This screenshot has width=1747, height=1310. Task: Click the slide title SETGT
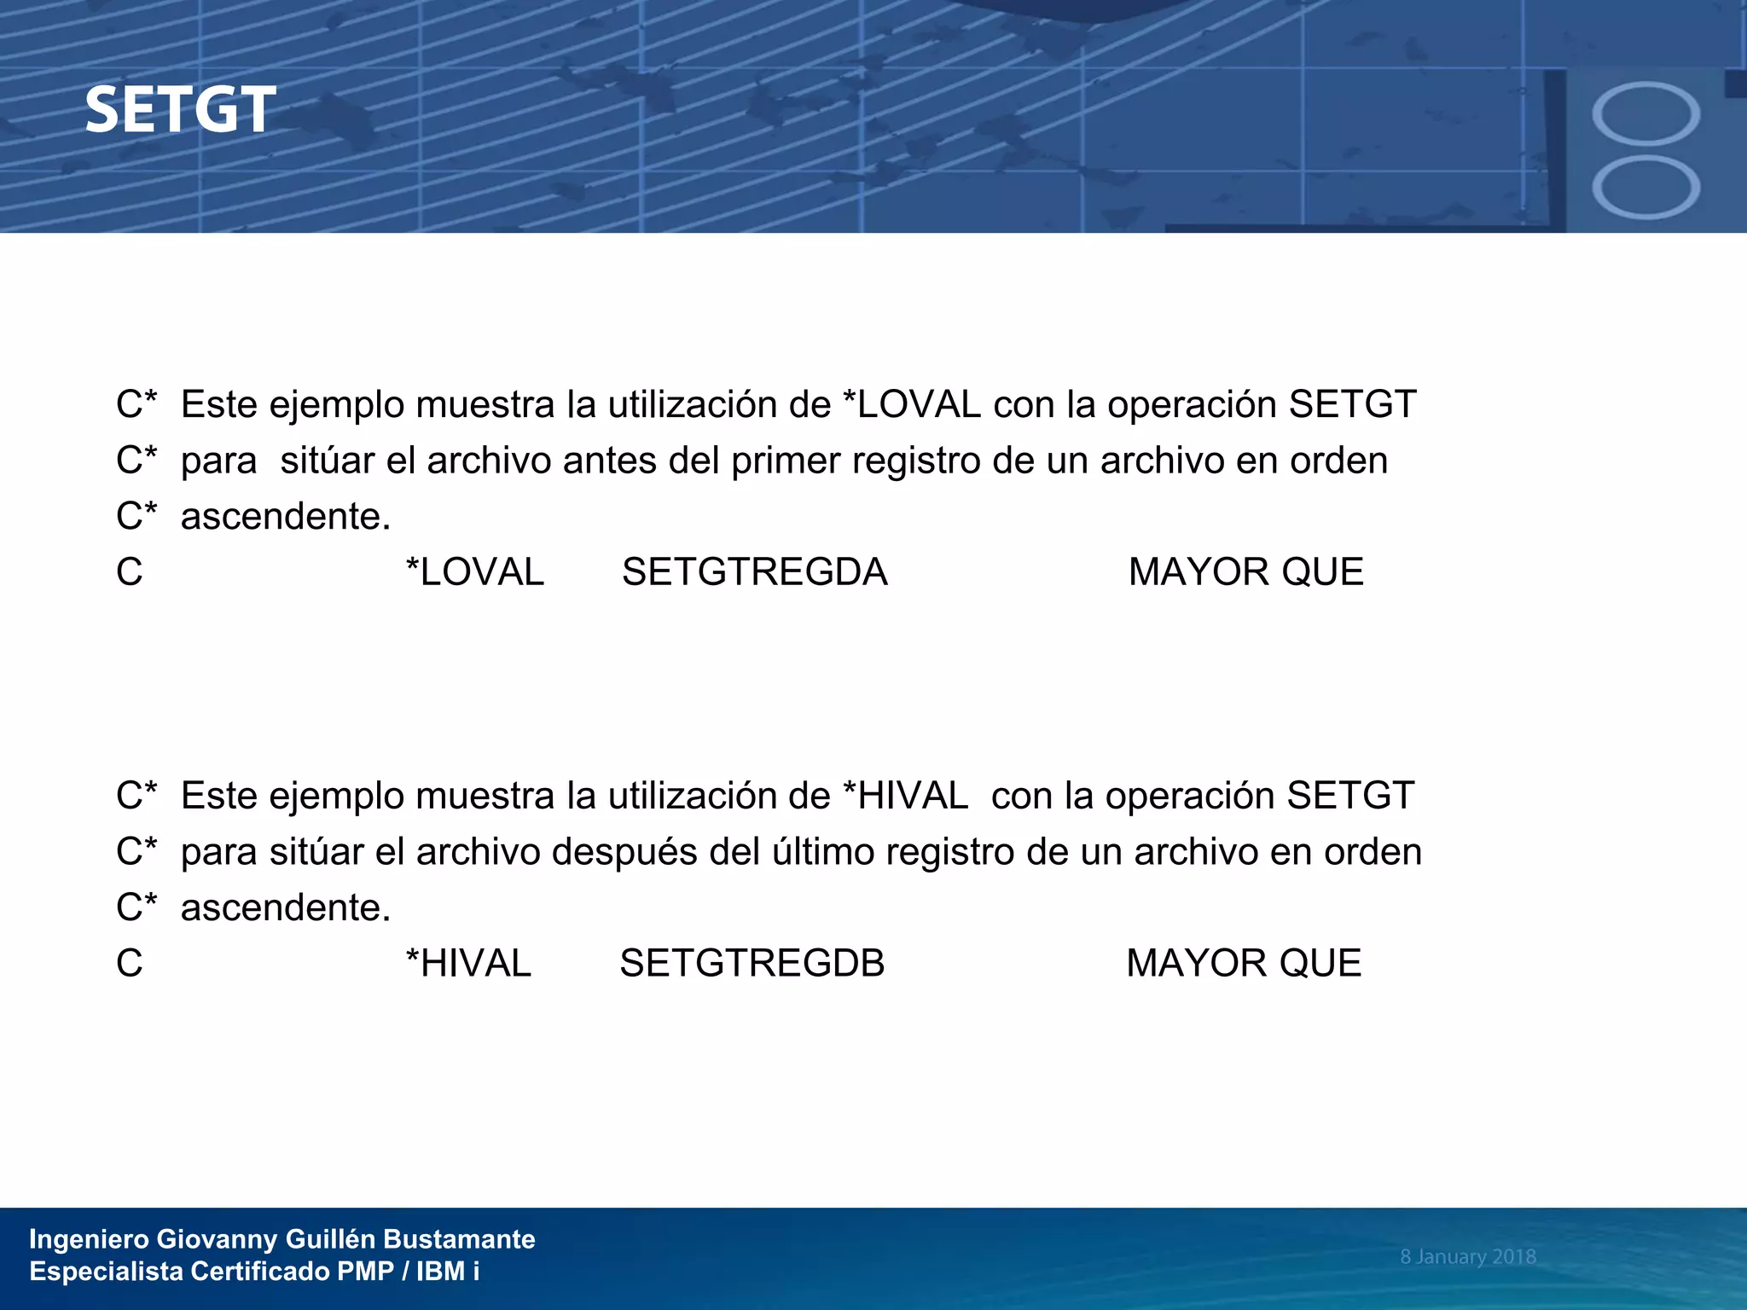pos(180,110)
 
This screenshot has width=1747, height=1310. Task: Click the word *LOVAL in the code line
pos(475,571)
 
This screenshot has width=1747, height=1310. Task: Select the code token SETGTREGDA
pos(754,571)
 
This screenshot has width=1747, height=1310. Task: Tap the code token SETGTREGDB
pos(752,963)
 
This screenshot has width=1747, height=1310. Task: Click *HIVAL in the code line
pos(468,963)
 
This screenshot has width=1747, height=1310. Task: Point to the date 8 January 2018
pos(1467,1256)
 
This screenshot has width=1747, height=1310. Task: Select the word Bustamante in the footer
pos(459,1238)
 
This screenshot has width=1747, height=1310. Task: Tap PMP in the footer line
pos(365,1271)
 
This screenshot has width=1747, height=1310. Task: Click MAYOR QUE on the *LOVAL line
pos(1245,571)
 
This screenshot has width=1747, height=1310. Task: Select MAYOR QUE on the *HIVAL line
pos(1243,963)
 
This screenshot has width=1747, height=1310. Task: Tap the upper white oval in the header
pos(1645,113)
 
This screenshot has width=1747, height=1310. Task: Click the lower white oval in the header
pos(1645,188)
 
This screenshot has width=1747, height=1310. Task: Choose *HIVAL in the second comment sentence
pos(904,796)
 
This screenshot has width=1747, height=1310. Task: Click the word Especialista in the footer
pos(106,1271)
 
